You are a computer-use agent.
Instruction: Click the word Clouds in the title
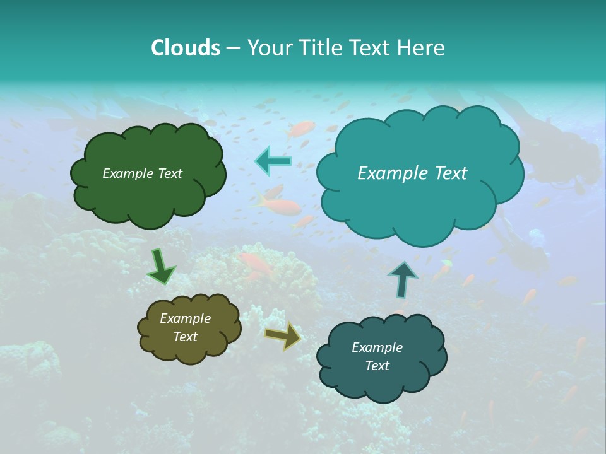(185, 48)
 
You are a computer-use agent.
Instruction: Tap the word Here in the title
(422, 48)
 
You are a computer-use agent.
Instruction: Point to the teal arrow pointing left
(273, 161)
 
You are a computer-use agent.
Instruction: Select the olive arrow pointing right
(283, 335)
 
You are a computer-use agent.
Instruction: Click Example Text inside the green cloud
(142, 173)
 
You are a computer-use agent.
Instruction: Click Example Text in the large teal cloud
(412, 173)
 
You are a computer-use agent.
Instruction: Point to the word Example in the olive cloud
(185, 318)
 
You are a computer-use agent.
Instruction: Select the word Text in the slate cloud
(377, 366)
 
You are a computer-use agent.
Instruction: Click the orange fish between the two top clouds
(278, 204)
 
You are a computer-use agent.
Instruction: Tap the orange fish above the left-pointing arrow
(301, 129)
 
